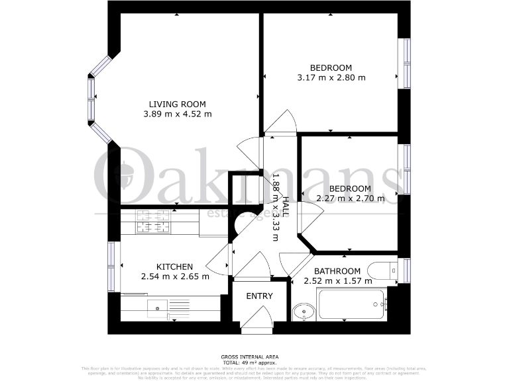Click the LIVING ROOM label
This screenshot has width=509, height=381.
[177, 104]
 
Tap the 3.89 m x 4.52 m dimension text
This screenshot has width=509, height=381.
[177, 114]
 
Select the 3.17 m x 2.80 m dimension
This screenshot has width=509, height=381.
[331, 77]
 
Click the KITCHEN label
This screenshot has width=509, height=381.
[174, 267]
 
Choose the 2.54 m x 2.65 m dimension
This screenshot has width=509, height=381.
[174, 276]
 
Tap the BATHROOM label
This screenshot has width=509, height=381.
[337, 271]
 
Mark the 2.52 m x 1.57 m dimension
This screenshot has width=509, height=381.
[337, 281]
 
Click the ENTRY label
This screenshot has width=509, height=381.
[259, 296]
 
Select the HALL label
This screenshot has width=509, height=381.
[286, 206]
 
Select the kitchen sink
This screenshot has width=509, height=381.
[157, 306]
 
